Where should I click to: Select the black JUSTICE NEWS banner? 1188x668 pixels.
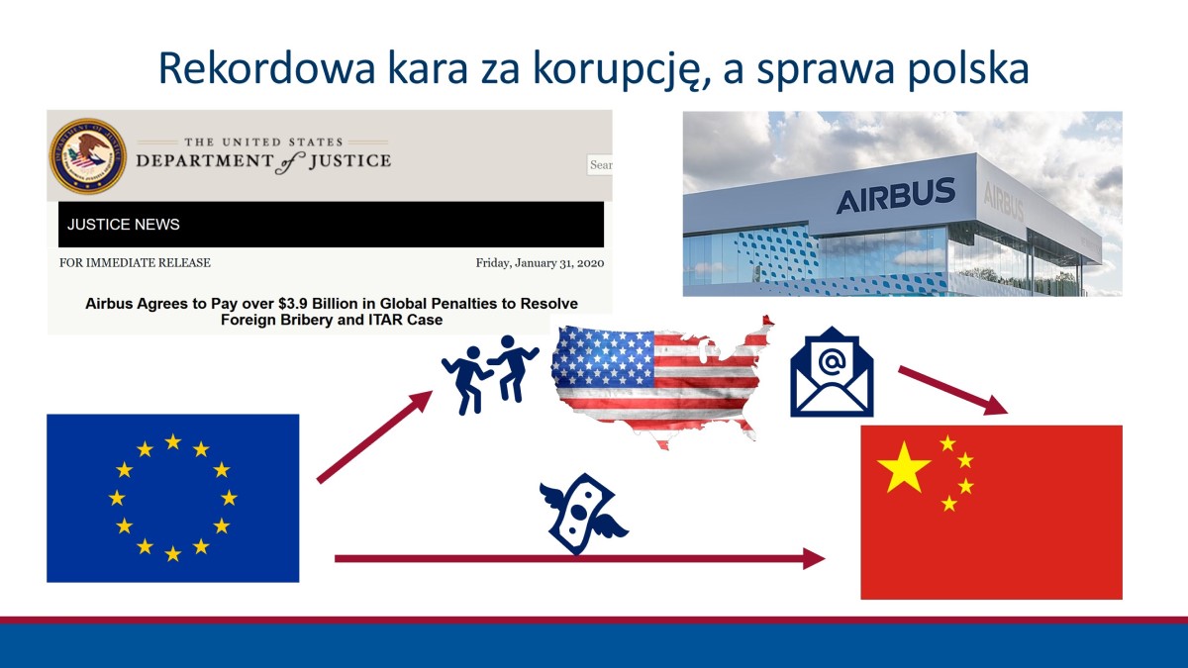coord(331,225)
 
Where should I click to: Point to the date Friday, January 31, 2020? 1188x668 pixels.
coord(540,263)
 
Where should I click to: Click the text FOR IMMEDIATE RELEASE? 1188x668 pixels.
coord(136,263)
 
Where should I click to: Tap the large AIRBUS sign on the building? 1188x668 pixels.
coord(895,196)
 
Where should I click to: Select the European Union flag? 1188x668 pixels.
coord(172,498)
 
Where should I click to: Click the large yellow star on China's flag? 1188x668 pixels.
coord(904,467)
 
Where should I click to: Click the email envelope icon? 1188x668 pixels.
coord(832,371)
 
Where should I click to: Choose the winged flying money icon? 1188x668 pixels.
coord(586,514)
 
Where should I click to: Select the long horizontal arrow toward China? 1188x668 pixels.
coord(579,559)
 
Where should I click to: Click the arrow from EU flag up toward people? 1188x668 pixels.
coord(374,436)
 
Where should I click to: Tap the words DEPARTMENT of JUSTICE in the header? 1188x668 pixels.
coord(263,161)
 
